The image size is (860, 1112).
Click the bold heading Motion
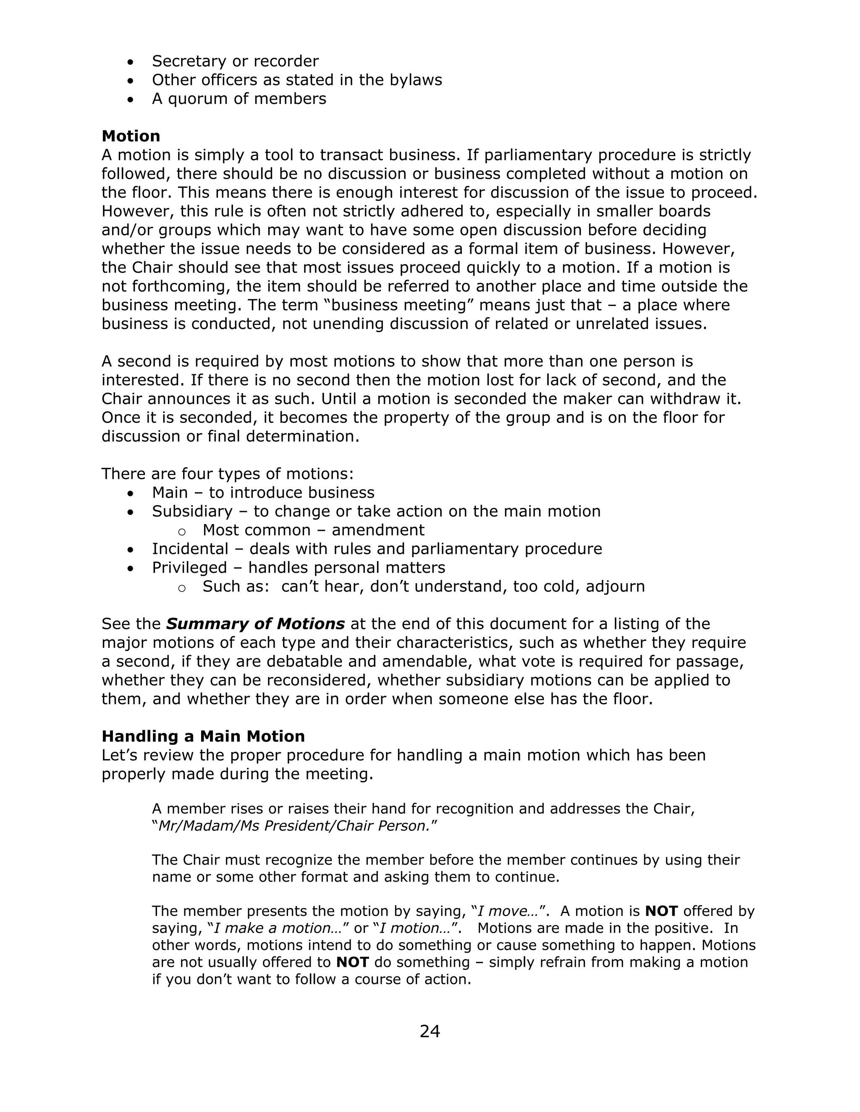tap(131, 136)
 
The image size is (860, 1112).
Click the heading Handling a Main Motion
tap(203, 736)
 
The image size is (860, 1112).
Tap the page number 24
tap(430, 1031)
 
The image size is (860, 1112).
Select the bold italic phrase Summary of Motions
tap(255, 624)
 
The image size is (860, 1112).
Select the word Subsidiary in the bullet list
tap(192, 511)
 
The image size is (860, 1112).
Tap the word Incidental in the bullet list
tap(190, 549)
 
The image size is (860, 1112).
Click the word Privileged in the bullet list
tap(189, 568)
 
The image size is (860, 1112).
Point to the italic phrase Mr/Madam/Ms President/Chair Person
tap(294, 826)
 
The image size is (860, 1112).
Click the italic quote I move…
tap(509, 911)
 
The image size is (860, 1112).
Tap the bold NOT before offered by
tap(661, 911)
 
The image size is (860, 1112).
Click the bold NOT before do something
tap(352, 962)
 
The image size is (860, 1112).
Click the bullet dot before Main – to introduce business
tap(131, 493)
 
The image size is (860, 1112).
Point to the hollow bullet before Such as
tap(182, 587)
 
